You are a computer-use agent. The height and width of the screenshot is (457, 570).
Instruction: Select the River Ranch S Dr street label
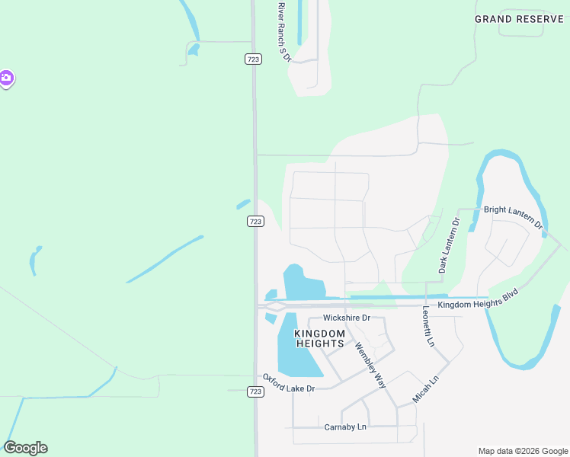click(x=283, y=32)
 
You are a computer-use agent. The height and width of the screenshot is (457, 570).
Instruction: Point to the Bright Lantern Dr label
click(x=512, y=217)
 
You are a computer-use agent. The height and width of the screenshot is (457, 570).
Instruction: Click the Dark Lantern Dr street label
click(x=448, y=246)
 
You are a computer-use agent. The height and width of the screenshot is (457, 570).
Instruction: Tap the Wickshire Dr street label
click(x=346, y=318)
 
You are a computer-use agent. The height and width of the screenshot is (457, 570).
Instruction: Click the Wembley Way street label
click(x=370, y=366)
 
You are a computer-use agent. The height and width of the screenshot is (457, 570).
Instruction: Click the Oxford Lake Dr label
click(x=289, y=383)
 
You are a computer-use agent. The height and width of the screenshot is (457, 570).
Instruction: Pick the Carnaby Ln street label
click(x=345, y=427)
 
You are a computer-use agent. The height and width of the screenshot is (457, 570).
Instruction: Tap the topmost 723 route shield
click(x=253, y=59)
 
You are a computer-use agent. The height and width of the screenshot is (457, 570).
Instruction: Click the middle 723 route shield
click(x=256, y=221)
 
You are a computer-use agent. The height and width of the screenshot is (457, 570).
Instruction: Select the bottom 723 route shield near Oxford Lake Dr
click(x=255, y=391)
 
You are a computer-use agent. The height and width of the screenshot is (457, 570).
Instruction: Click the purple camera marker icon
click(x=5, y=78)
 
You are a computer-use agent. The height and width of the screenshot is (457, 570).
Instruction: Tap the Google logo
click(x=25, y=448)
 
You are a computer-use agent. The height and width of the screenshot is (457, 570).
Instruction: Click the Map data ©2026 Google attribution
click(x=523, y=451)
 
